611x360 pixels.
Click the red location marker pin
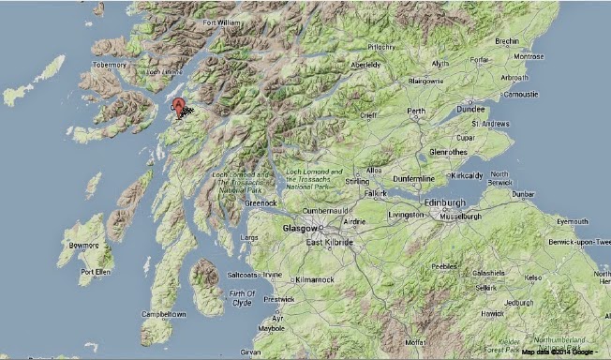[x=179, y=105]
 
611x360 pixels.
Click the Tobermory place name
[x=110, y=65]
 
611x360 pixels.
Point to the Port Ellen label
[x=97, y=273]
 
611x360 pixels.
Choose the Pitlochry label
[x=381, y=46]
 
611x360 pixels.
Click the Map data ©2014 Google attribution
[x=557, y=352]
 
